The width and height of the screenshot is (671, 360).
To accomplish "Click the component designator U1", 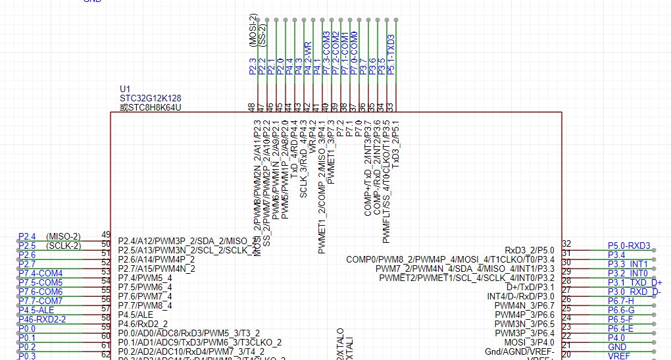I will tap(125, 89).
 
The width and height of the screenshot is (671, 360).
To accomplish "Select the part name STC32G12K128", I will tap(145, 98).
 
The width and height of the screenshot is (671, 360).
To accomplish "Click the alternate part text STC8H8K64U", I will tap(150, 107).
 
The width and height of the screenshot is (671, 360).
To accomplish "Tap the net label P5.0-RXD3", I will tap(629, 246).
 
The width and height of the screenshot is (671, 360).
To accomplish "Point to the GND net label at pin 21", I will tap(617, 347).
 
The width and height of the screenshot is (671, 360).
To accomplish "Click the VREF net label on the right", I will tap(618, 355).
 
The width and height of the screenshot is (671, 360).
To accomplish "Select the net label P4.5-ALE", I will tap(36, 310).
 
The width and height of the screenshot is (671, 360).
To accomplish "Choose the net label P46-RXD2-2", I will tap(41, 319).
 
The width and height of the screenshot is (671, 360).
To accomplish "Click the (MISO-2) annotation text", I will tap(63, 236).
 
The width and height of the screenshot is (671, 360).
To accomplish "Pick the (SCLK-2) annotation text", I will tap(63, 245).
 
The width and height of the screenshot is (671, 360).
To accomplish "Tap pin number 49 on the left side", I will tap(105, 235).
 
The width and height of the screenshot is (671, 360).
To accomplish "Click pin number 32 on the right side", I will tap(566, 244).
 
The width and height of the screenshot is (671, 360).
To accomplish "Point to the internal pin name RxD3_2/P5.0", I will tap(530, 250).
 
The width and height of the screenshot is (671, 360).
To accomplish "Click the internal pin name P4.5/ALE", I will tap(136, 315).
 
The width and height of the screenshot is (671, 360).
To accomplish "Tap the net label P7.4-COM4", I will tap(41, 273).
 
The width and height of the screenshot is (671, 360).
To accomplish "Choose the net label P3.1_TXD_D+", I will tap(634, 282).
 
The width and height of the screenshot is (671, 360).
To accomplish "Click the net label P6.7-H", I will tap(621, 301).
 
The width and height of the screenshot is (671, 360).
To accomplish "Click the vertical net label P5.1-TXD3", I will tap(391, 54).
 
